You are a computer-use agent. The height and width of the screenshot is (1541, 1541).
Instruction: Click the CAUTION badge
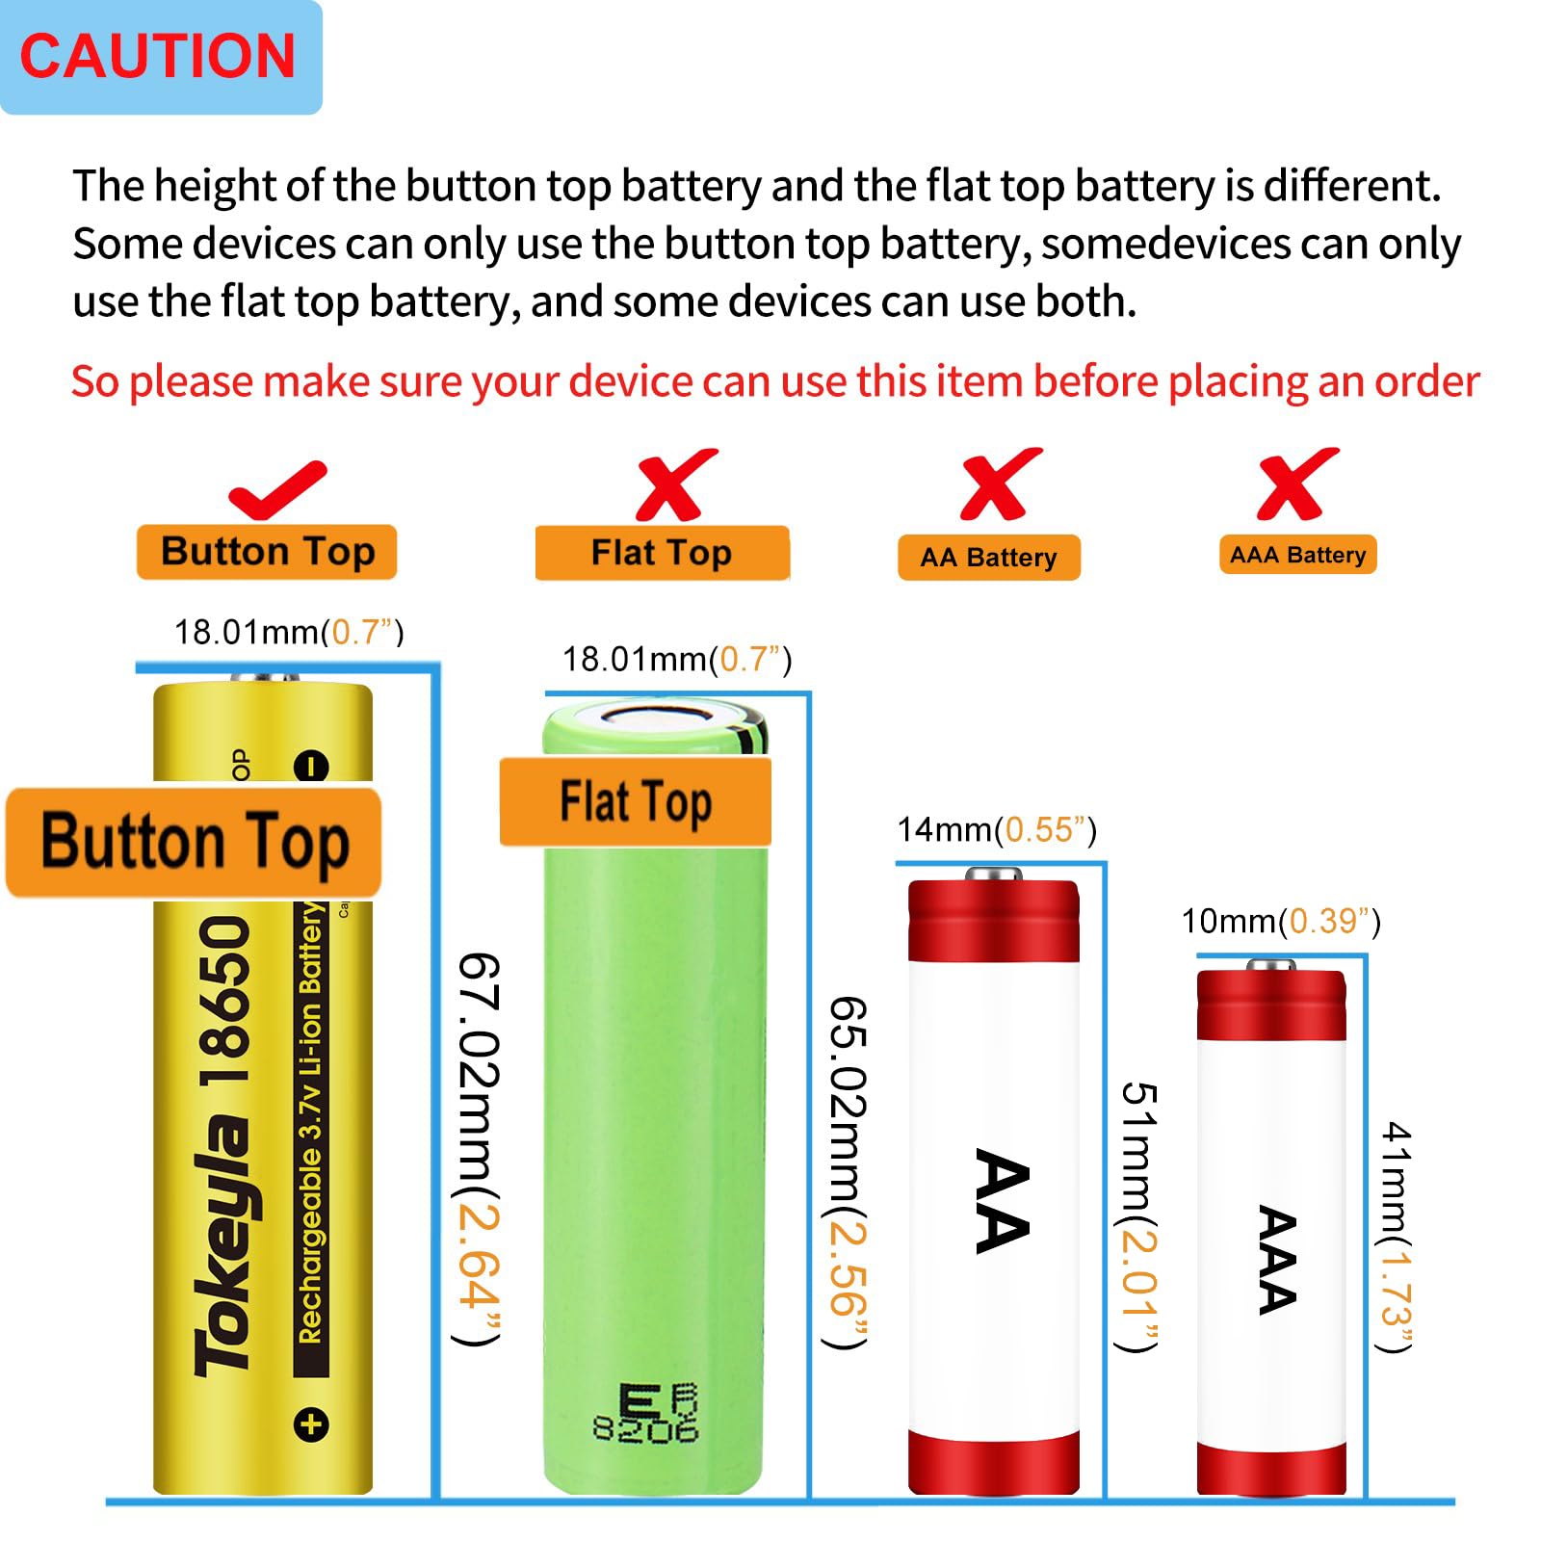click(x=159, y=57)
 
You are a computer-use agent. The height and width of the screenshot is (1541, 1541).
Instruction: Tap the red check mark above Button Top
click(x=276, y=491)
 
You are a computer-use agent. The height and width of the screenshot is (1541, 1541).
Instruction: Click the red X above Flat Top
click(x=674, y=484)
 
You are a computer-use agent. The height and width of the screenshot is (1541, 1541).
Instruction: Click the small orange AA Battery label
click(x=988, y=558)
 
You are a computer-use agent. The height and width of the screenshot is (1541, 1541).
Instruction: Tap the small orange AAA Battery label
click(x=1297, y=555)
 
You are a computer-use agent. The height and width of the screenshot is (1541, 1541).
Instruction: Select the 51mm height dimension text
click(x=1138, y=1215)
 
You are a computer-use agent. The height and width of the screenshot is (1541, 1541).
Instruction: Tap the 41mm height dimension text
click(x=1396, y=1237)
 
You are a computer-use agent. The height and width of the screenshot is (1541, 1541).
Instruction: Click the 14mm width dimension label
click(x=996, y=829)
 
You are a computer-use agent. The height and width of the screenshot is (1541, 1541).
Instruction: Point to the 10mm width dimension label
click(x=1281, y=922)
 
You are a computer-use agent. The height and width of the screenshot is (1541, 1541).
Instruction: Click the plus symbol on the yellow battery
click(x=311, y=1424)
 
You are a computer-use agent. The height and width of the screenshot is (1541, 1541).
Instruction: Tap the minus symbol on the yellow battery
click(x=311, y=767)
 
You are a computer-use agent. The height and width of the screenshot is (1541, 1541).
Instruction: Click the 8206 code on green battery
click(x=645, y=1429)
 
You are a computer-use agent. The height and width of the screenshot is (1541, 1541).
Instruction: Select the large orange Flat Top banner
click(x=636, y=802)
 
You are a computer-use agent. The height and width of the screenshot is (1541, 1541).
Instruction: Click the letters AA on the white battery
click(x=1002, y=1201)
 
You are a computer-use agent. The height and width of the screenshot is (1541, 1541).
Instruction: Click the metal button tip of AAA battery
click(x=1270, y=964)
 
